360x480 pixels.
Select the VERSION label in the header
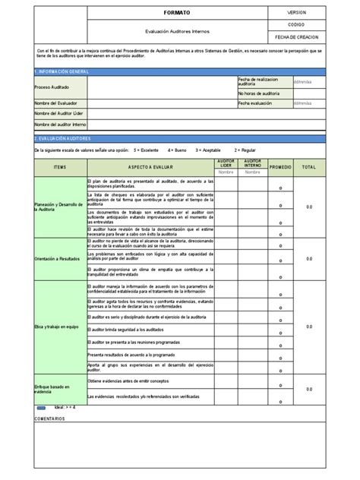297,14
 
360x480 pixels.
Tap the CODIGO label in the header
297,25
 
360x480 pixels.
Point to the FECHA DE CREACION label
297,37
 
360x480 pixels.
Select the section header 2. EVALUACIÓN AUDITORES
63,139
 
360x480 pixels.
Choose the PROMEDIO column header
280,166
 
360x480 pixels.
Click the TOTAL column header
308,166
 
